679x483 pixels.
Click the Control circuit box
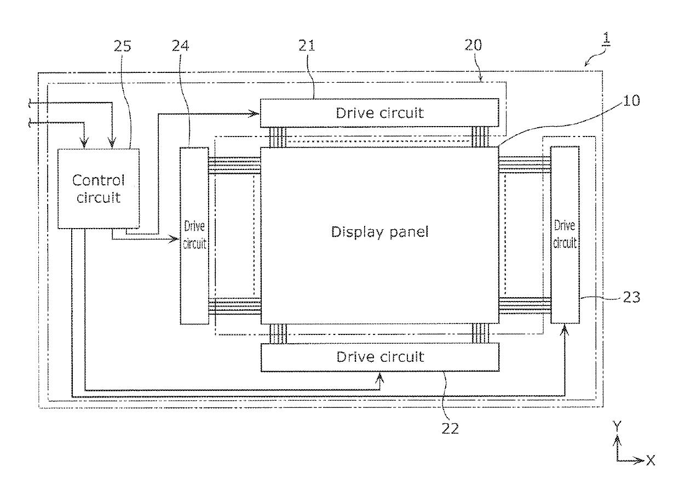coord(99,188)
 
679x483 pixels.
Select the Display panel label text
coord(379,231)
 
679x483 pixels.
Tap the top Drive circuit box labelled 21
coord(379,113)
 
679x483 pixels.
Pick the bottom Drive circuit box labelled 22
coord(379,357)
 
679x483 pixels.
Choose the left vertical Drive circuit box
coord(194,236)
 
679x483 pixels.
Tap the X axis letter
coord(651,461)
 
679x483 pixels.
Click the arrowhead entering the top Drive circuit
coord(256,113)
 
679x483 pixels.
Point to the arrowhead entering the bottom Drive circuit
coord(380,376)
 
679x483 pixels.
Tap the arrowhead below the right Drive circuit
coord(565,327)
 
